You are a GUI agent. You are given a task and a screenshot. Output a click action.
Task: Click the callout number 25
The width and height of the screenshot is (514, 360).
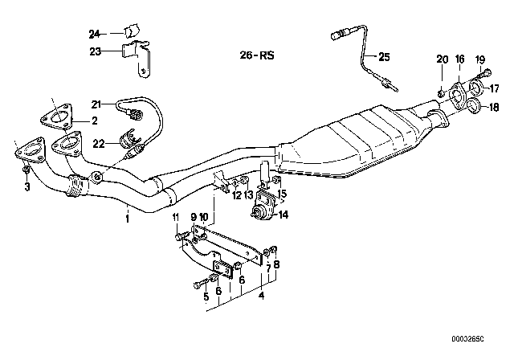tap(383, 56)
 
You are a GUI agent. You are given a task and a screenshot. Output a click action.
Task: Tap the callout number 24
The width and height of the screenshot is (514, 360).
tap(93, 34)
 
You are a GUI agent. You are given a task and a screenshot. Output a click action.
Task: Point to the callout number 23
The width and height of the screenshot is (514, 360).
tap(93, 51)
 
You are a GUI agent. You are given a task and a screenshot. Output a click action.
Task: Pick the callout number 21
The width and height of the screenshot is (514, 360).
tap(96, 104)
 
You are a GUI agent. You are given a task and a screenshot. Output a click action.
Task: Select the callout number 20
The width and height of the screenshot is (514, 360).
tap(440, 59)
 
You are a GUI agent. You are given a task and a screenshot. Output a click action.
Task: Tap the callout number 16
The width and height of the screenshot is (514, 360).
tap(459, 59)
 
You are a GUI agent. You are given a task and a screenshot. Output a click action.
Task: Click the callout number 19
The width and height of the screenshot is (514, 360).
tap(481, 59)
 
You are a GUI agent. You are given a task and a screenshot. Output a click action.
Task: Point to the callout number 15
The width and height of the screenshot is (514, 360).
tap(281, 193)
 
